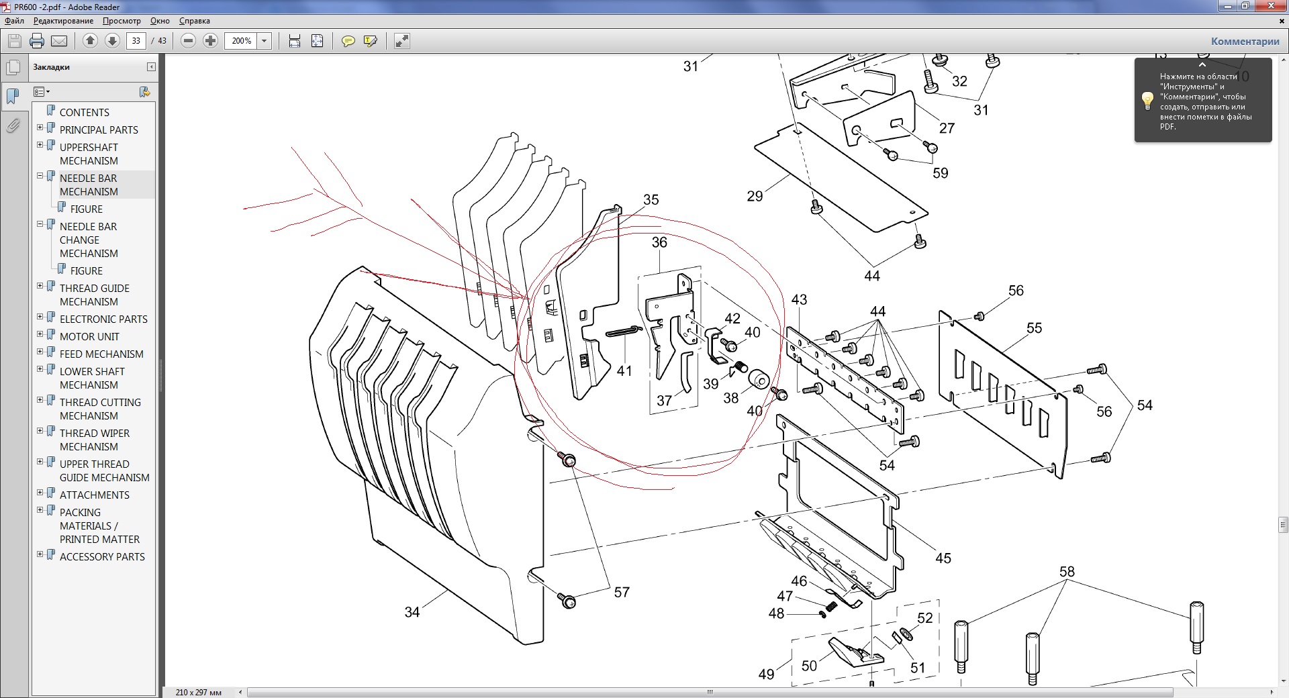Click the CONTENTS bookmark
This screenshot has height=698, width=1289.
[84, 112]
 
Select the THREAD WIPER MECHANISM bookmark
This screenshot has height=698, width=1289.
[94, 440]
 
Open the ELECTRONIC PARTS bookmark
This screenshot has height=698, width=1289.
[103, 319]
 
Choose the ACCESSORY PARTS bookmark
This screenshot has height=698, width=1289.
[102, 556]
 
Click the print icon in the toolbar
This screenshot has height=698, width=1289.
[37, 41]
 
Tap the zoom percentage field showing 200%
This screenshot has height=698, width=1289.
[241, 41]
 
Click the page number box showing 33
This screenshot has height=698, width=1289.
[136, 41]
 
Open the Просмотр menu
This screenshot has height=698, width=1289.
[122, 21]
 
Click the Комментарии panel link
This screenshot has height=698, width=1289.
[1245, 42]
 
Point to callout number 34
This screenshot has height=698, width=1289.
[412, 612]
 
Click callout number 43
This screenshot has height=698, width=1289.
[799, 300]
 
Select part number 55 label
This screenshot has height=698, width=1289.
[1034, 328]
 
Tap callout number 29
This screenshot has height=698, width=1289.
[755, 196]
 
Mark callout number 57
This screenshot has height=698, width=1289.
[622, 592]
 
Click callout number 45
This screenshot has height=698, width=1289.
[943, 558]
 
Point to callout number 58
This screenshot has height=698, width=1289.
[1067, 572]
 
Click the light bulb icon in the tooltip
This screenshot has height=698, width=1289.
[1147, 101]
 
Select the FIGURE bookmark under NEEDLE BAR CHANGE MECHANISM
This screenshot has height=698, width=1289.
[87, 270]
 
